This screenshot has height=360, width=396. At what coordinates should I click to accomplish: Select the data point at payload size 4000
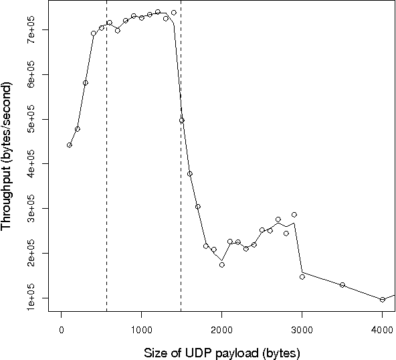tap(382, 300)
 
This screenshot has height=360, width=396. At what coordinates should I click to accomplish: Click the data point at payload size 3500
tap(342, 285)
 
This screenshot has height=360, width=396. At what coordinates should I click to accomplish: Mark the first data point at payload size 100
tap(70, 145)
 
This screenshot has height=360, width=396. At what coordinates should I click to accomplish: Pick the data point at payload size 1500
tap(181, 120)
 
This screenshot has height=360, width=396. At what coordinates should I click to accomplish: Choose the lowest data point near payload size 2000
tap(221, 264)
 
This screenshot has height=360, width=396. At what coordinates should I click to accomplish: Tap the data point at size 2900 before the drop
tap(294, 215)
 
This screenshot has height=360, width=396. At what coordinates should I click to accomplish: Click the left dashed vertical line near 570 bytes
tap(107, 167)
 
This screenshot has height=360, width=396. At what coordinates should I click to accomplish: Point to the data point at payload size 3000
tap(302, 276)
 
